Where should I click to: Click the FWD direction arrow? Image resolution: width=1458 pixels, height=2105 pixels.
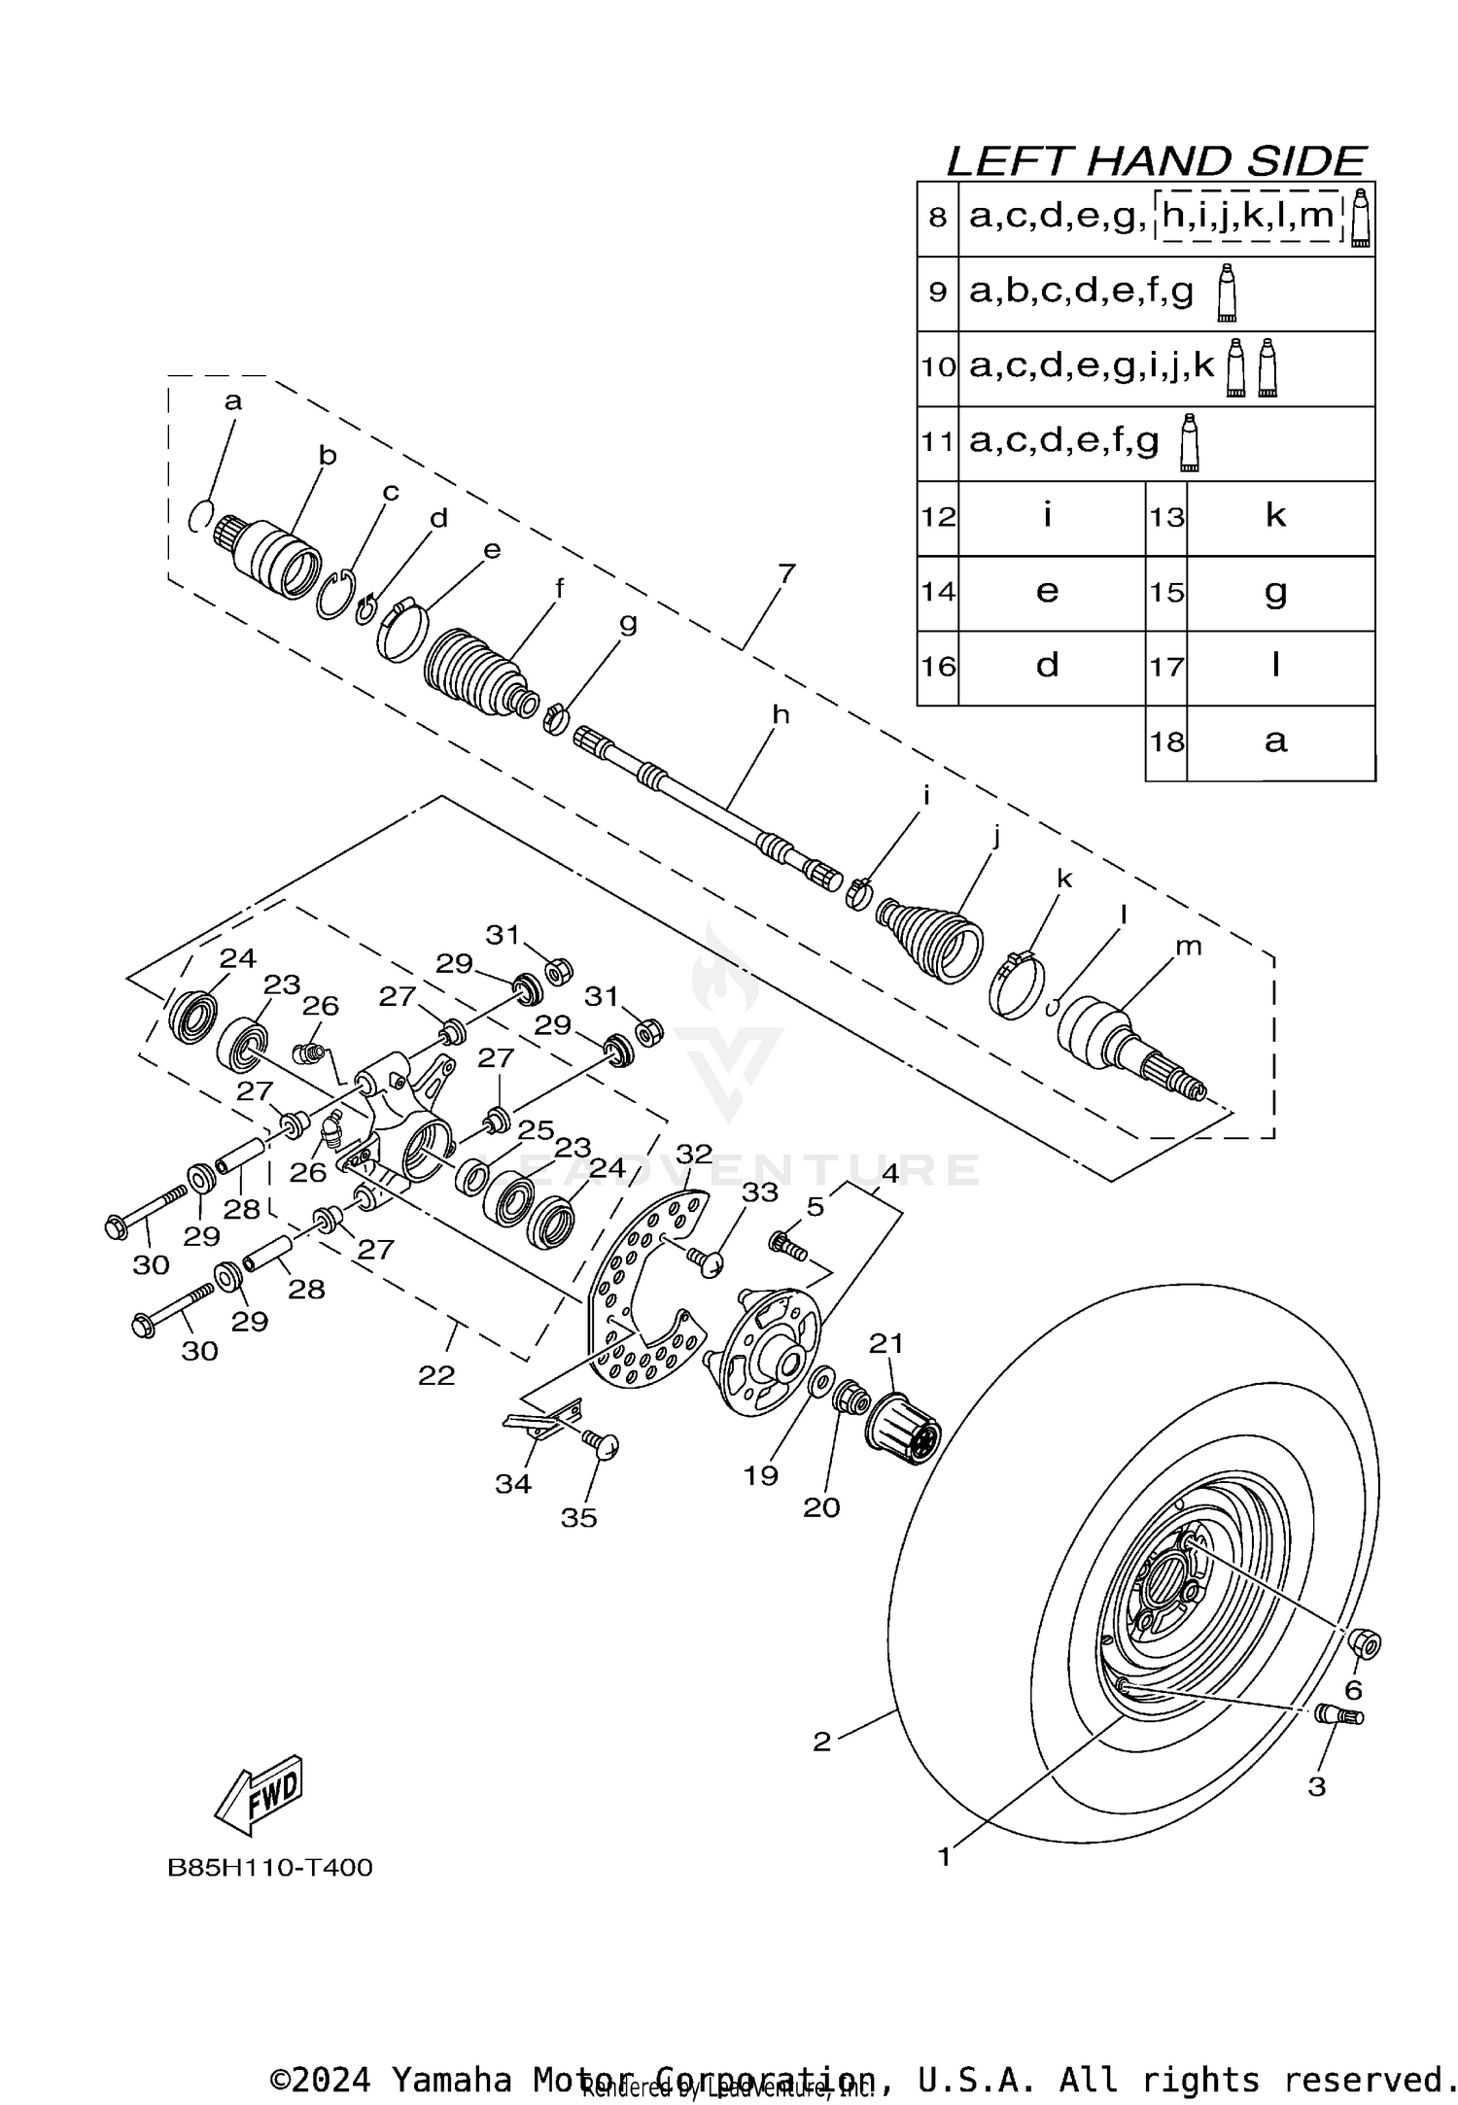(259, 1796)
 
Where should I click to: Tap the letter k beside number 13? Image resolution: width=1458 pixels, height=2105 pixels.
(1275, 515)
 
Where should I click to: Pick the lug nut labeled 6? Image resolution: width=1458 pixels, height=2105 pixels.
(1366, 1643)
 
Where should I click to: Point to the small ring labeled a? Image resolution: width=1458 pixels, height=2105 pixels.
(199, 516)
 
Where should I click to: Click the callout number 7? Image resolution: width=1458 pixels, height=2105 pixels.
(786, 572)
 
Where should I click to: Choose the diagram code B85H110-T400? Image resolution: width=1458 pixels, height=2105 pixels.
(270, 1868)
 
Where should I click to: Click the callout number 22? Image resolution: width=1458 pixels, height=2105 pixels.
(436, 1375)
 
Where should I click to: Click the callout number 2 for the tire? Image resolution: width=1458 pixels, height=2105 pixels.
(822, 1742)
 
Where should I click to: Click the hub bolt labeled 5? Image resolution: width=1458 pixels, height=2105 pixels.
(788, 1245)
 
